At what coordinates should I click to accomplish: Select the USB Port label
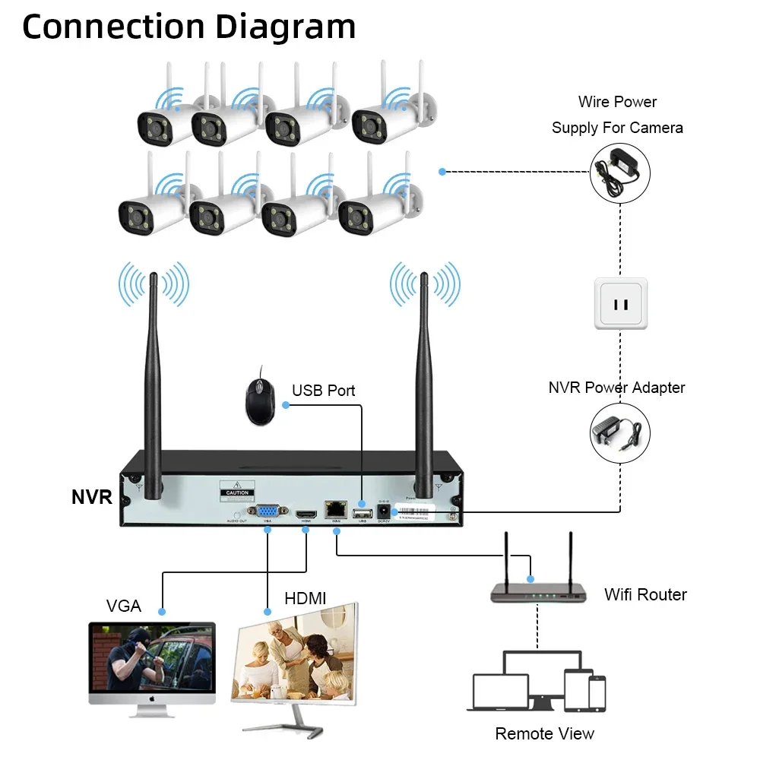(x=323, y=391)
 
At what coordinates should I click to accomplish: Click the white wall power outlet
(x=621, y=303)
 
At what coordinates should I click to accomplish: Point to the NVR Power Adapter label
(x=616, y=388)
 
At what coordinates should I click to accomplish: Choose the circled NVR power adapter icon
(x=621, y=433)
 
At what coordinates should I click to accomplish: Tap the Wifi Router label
(x=645, y=594)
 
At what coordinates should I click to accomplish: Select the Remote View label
(x=544, y=733)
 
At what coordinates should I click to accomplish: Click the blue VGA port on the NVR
(x=267, y=511)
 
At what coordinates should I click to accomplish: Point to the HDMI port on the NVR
(x=306, y=513)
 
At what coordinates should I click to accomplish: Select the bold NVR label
(x=92, y=498)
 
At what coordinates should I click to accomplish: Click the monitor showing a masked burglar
(x=152, y=665)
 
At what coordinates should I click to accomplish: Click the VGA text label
(x=124, y=606)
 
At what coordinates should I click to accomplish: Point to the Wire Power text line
(x=617, y=102)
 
